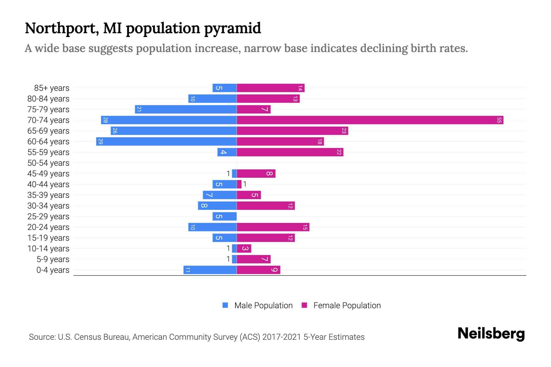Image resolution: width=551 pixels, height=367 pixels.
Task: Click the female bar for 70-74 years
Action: tap(370, 120)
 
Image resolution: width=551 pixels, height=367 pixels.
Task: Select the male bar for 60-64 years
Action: tap(166, 141)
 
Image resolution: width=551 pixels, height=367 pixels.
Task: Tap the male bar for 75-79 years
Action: tap(186, 109)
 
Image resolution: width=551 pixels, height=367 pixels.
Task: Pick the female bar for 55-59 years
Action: tap(290, 152)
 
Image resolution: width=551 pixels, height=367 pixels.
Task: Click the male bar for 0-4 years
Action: tap(210, 270)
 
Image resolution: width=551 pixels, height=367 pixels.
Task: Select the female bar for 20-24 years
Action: tap(273, 227)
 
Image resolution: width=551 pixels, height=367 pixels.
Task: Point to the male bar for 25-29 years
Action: tap(224, 216)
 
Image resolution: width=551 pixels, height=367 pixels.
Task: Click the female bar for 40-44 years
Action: tap(239, 184)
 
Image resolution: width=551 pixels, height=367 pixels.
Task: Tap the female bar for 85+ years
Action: tap(271, 88)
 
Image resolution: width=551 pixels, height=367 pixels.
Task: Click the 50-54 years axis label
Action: tap(48, 163)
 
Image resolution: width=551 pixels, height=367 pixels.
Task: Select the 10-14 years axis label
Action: tap(48, 248)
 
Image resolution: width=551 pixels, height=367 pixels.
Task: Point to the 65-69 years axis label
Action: tap(48, 131)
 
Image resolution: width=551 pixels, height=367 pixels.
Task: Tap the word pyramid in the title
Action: tap(232, 28)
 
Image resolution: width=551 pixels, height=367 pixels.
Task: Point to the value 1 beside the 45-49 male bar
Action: tap(228, 173)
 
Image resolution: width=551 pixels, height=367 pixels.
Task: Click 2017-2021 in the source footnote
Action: tap(282, 337)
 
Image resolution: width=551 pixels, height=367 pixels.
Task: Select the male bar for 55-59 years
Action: tap(227, 152)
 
